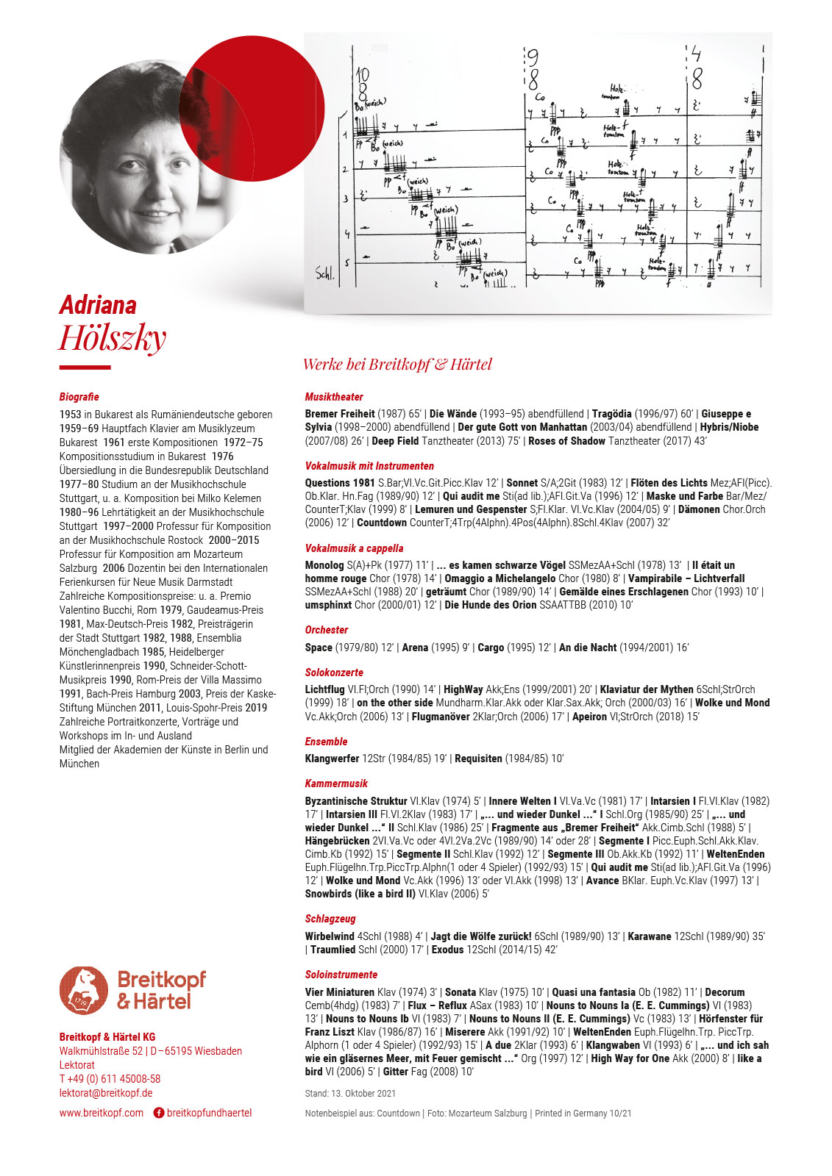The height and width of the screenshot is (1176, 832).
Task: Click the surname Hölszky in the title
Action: click(113, 338)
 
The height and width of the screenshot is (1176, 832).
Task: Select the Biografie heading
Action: click(79, 397)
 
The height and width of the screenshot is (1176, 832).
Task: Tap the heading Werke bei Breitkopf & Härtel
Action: click(397, 365)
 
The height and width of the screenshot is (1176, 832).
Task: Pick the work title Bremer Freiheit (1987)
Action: click(340, 414)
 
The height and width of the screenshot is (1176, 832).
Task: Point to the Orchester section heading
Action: click(327, 630)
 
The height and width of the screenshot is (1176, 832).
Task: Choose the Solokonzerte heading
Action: click(334, 673)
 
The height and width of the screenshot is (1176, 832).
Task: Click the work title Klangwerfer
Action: click(332, 759)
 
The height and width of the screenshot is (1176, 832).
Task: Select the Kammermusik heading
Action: click(336, 784)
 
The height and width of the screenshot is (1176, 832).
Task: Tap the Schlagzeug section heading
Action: click(330, 919)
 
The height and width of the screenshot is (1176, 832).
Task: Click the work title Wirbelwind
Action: click(330, 936)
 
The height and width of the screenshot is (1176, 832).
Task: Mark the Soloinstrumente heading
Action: click(341, 975)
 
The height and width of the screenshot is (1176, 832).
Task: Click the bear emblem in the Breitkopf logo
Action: click(83, 990)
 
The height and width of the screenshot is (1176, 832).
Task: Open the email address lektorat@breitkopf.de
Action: click(106, 1093)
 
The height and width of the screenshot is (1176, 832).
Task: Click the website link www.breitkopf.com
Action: click(102, 1113)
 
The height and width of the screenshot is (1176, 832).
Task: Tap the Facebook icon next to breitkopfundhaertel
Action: click(158, 1113)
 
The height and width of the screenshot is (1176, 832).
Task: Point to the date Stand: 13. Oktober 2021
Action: click(350, 1094)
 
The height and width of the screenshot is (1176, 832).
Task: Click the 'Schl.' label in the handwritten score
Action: click(324, 274)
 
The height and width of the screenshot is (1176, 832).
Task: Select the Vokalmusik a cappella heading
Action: click(354, 548)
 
